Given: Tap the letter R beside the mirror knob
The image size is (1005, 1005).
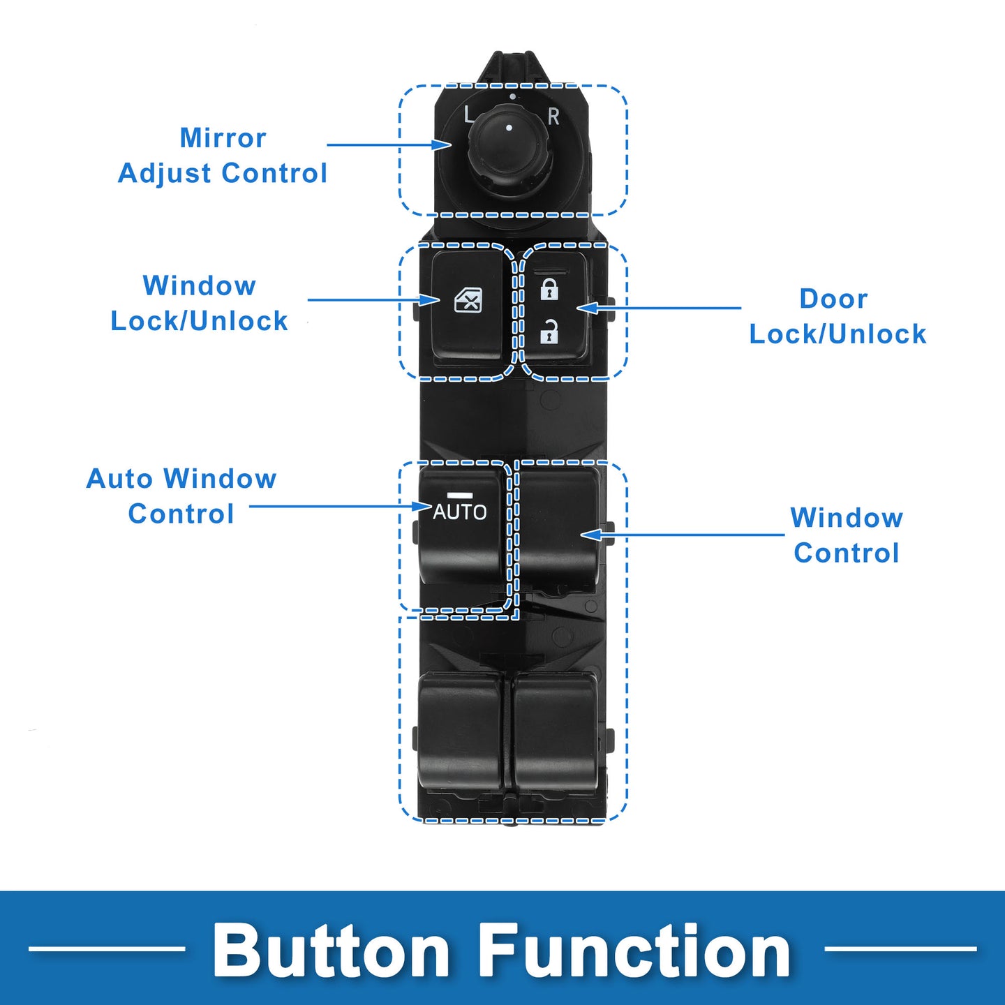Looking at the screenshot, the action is click(553, 117).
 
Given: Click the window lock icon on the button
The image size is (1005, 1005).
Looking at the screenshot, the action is click(468, 301).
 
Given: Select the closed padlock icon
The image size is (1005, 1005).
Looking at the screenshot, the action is click(549, 289).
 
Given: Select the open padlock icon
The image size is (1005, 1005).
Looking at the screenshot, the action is click(549, 332).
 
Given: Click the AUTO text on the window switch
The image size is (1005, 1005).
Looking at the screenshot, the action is click(459, 512).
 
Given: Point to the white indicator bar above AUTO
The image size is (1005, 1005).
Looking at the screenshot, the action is click(459, 494).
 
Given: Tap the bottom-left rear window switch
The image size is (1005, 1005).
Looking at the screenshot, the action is click(459, 734).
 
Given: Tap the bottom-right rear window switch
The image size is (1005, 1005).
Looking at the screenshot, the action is click(556, 734).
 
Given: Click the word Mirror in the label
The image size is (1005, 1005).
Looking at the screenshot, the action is click(223, 138).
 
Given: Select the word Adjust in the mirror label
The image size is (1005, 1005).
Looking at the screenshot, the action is click(164, 174).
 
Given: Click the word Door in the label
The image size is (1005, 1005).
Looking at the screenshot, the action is click(833, 299).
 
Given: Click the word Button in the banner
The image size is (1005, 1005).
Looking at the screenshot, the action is click(330, 951).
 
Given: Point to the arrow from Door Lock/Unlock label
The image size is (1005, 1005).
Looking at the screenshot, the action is click(659, 308).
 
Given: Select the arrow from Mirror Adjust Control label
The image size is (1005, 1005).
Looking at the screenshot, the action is click(389, 144).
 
